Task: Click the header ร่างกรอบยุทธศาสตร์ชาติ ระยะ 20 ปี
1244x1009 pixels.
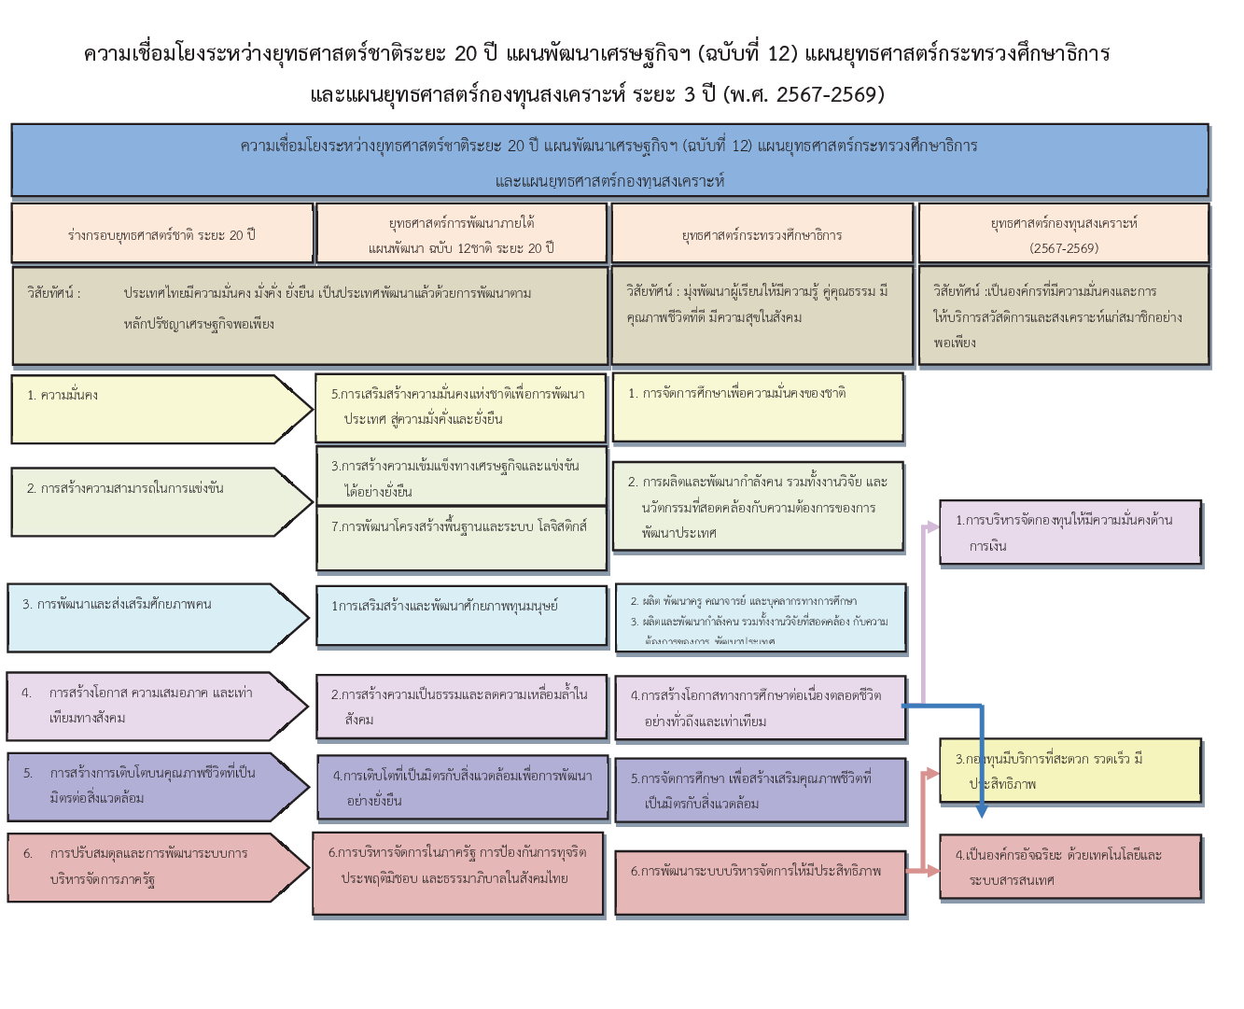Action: (x=161, y=234)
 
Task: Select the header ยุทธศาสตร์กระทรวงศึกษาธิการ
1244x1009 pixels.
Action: (x=762, y=234)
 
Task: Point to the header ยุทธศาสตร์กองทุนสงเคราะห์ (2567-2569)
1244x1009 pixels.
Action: (x=1064, y=234)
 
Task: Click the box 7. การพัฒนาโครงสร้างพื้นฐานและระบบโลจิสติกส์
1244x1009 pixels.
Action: (x=461, y=539)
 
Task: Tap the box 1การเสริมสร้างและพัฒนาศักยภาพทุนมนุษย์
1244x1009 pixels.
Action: (x=461, y=615)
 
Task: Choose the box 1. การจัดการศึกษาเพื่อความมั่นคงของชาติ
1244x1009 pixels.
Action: (x=758, y=407)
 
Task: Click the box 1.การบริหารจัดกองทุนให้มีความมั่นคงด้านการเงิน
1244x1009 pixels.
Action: (x=1070, y=532)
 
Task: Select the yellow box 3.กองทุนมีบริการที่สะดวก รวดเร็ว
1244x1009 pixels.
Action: (x=1070, y=771)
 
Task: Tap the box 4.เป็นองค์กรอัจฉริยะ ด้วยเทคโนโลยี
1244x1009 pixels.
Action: (x=1070, y=867)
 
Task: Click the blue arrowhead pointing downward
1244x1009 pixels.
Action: (x=981, y=811)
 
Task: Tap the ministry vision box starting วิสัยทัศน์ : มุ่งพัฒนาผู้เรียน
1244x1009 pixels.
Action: (x=762, y=315)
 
